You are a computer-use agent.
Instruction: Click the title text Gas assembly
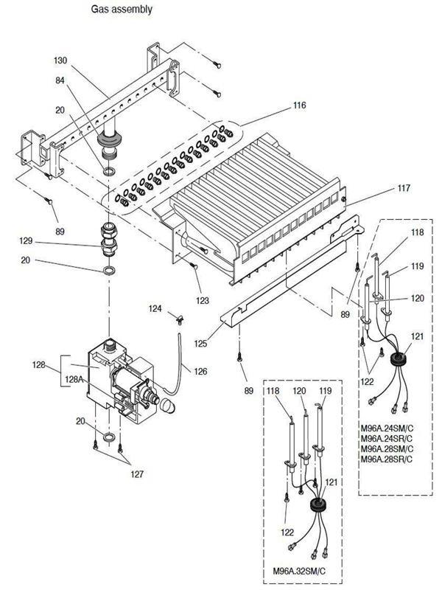122,10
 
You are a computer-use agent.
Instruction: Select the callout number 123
203,300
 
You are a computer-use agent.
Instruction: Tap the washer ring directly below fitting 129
108,271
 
